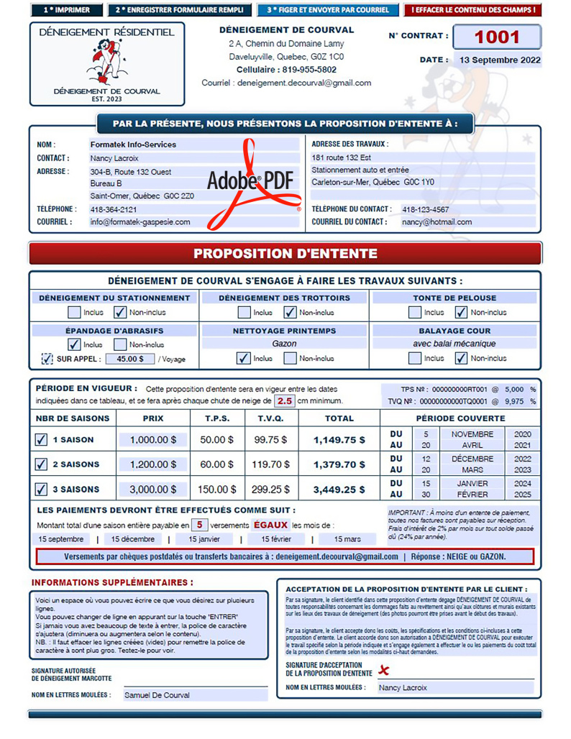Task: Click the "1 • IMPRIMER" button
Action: pyautogui.click(x=66, y=10)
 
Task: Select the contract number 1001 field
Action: pyautogui.click(x=497, y=37)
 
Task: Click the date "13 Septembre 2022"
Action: pyautogui.click(x=499, y=60)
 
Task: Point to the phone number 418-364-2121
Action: pyautogui.click(x=114, y=209)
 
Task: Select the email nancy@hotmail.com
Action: pyautogui.click(x=437, y=222)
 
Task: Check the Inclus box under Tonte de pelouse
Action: pyautogui.click(x=415, y=313)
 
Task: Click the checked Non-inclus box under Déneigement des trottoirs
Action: pyautogui.click(x=290, y=313)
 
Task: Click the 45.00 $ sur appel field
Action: pyautogui.click(x=130, y=359)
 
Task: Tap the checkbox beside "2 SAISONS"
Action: pyautogui.click(x=42, y=464)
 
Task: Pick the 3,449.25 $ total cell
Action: pyautogui.click(x=339, y=490)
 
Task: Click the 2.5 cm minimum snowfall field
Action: pyautogui.click(x=285, y=400)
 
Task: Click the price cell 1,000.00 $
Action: pyautogui.click(x=153, y=440)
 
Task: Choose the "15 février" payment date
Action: pyautogui.click(x=276, y=538)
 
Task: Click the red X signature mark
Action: pyautogui.click(x=384, y=670)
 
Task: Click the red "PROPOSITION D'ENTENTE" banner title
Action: pyautogui.click(x=285, y=254)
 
